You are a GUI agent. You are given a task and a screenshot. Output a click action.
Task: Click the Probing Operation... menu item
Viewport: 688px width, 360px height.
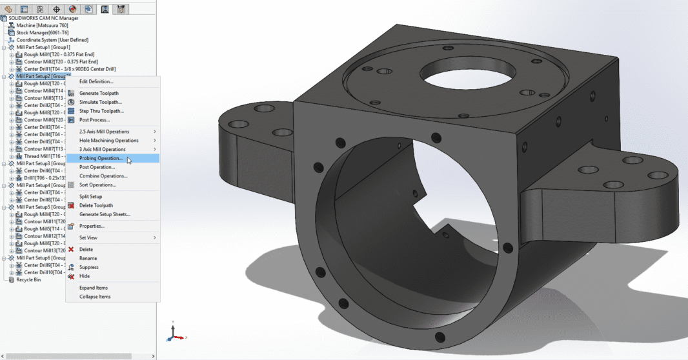coord(100,158)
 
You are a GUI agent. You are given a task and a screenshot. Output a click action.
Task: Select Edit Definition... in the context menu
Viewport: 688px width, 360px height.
coord(96,81)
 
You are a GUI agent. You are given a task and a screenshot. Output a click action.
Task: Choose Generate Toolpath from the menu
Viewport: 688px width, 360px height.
coord(99,93)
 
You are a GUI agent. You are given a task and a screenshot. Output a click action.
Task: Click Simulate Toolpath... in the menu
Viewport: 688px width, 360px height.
coord(100,102)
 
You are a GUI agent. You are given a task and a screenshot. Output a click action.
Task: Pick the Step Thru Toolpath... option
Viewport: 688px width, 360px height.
coord(101,111)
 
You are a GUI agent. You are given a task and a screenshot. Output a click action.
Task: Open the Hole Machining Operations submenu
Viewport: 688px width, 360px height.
coord(108,140)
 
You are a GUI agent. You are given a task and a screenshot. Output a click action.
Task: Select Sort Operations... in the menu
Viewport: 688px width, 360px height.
coord(97,185)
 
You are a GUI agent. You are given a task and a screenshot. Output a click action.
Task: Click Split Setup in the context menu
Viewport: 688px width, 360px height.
coord(90,196)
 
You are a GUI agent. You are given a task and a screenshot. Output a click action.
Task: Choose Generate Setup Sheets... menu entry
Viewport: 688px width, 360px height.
coord(105,214)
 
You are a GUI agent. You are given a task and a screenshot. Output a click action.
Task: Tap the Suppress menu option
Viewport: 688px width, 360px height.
coord(88,267)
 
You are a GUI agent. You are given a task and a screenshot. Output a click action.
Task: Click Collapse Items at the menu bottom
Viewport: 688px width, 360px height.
coord(95,297)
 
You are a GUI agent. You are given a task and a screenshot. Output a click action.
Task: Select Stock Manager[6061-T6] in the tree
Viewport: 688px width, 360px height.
coord(42,32)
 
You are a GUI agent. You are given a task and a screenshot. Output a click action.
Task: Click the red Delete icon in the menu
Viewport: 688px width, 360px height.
coord(71,249)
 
